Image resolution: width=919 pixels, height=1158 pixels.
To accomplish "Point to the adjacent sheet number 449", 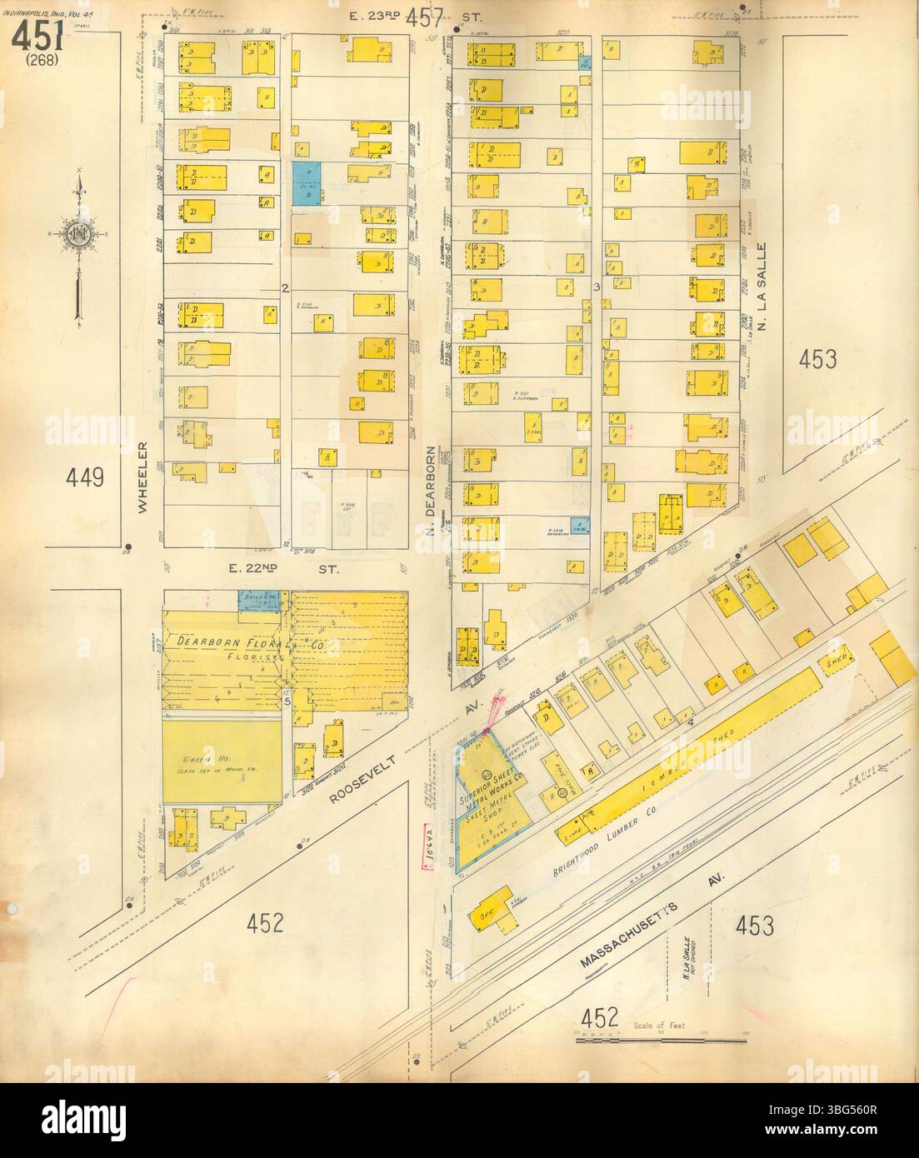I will pyautogui.click(x=86, y=477).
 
